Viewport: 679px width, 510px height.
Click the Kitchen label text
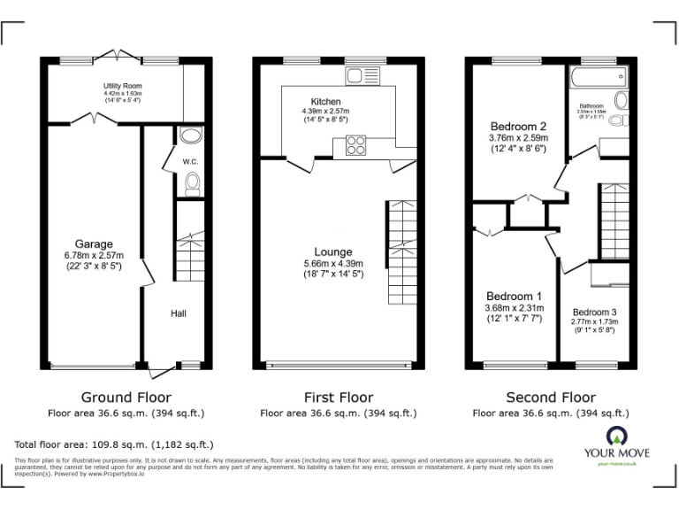pyautogui.click(x=325, y=101)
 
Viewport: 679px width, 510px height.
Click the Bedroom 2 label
pyautogui.click(x=518, y=126)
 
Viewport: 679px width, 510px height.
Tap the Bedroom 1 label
pyautogui.click(x=513, y=296)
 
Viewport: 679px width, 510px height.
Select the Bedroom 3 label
pyautogui.click(x=593, y=312)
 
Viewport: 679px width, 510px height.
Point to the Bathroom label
pyautogui.click(x=591, y=105)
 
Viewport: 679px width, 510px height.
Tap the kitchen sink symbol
pyautogui.click(x=362, y=74)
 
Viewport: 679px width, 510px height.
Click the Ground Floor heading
pyautogui.click(x=126, y=398)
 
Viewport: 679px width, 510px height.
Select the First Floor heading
pyautogui.click(x=338, y=398)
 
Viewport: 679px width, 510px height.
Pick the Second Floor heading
pyautogui.click(x=550, y=398)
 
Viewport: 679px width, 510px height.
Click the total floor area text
pyautogui.click(x=114, y=444)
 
